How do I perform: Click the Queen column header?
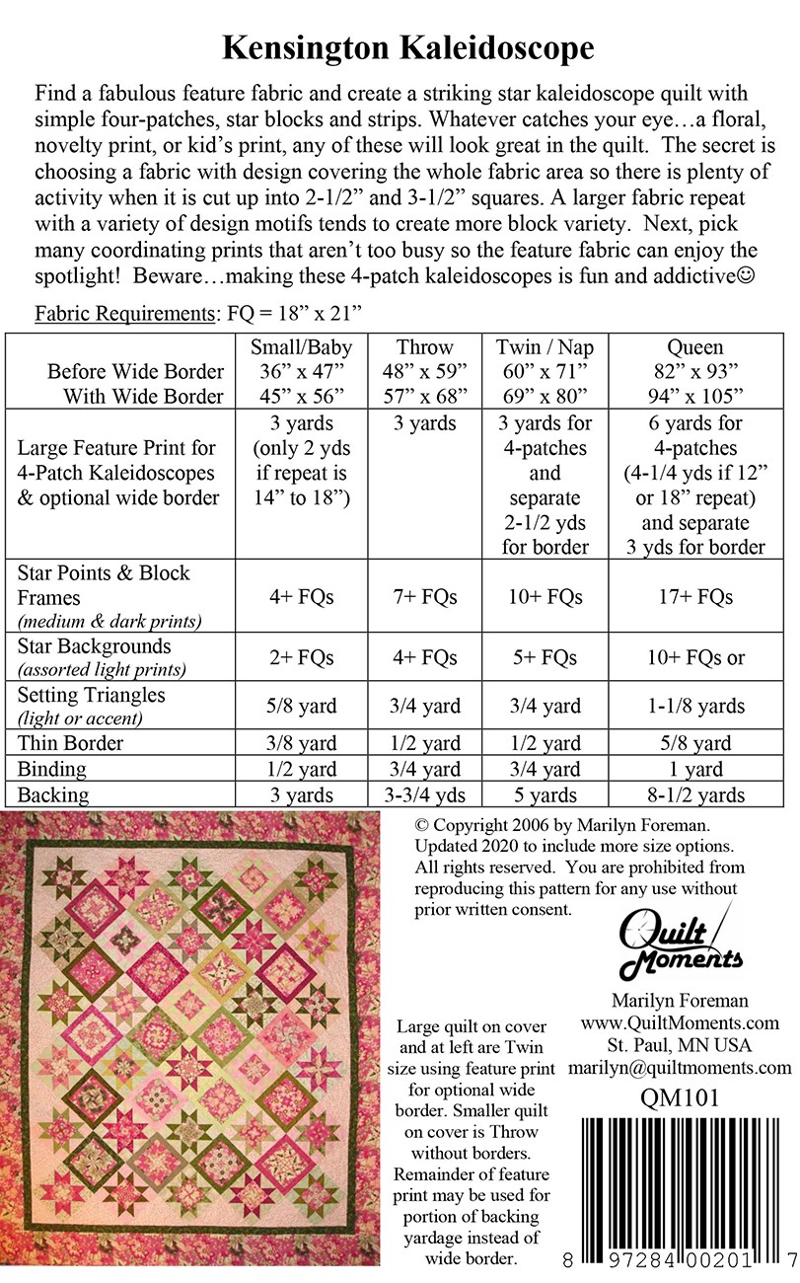695,347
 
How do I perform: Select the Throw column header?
425,347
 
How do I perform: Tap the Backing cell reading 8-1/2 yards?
695,795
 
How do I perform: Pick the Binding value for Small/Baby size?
301,770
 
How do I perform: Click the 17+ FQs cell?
695,597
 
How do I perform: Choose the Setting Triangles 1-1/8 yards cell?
695,707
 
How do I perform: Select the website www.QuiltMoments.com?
680,1022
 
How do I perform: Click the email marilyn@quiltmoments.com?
680,1068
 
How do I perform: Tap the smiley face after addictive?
745,277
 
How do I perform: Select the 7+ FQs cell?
425,597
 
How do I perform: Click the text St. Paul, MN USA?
680,1045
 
